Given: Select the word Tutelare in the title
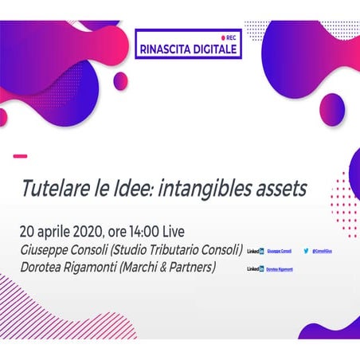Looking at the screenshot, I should click(x=54, y=188).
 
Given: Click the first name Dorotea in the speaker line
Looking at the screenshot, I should click(x=44, y=268).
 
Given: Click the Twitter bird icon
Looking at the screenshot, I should click(x=307, y=251).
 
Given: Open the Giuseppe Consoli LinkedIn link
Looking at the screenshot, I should click(x=278, y=251).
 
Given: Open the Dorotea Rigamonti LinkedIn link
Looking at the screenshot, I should click(x=280, y=270).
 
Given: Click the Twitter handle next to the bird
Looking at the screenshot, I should click(x=325, y=251).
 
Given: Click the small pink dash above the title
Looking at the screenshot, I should click(x=21, y=156).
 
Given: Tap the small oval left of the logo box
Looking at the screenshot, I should click(x=120, y=80).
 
